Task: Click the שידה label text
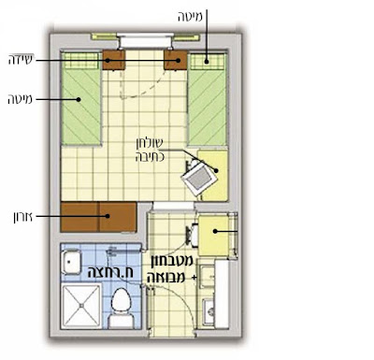point(21,60)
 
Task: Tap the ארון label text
point(22,217)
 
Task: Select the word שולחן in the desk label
point(150,143)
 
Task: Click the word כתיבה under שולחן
point(150,157)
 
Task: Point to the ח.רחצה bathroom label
point(110,272)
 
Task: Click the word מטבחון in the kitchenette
point(172,261)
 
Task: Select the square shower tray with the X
point(81,306)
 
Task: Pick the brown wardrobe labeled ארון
point(98,217)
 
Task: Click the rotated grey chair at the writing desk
point(198,179)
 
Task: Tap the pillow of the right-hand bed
point(208,62)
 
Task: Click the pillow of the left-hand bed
point(82,61)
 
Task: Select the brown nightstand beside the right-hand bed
point(176,60)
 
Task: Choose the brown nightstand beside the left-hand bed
point(114,60)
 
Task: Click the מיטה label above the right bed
point(190,17)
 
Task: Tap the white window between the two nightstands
point(145,40)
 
